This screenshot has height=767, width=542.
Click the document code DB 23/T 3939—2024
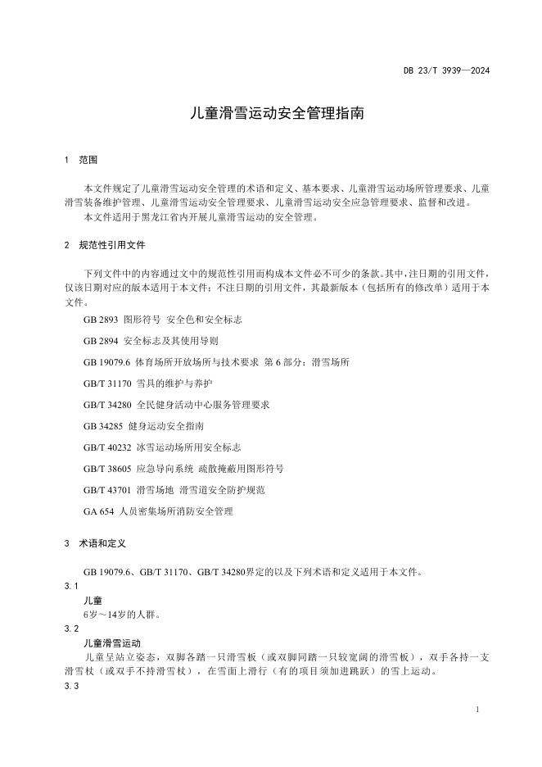446,71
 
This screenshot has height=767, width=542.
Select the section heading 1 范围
81,160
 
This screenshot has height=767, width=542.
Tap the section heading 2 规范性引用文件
104,245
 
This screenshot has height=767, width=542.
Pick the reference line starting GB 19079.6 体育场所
216,361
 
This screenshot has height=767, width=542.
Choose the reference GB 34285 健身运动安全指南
143,426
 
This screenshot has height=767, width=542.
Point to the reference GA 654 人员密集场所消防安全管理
158,511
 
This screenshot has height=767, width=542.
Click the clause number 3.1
70,586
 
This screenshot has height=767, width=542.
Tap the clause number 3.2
70,629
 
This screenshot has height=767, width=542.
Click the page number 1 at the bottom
477,709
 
